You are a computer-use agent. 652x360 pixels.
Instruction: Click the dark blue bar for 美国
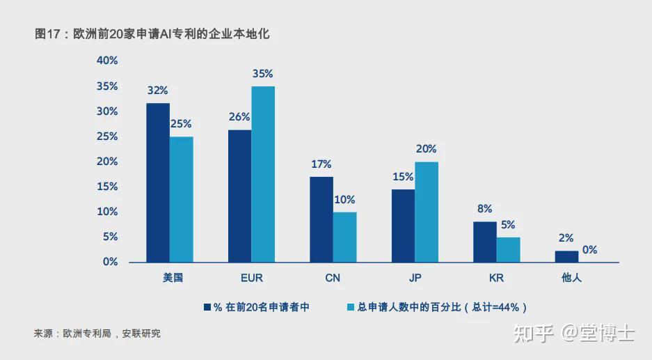(158, 182)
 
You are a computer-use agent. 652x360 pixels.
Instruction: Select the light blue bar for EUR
(263, 174)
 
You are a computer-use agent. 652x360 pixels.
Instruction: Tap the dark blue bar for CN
(321, 219)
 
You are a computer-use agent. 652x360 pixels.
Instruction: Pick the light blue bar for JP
(427, 212)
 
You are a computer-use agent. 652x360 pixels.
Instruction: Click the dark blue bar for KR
(484, 242)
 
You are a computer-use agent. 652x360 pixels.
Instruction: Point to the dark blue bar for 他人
(566, 256)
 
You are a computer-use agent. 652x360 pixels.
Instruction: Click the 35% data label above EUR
(263, 74)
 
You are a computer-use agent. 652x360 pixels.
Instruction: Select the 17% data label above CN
(321, 164)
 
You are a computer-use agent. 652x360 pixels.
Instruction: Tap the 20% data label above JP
(427, 149)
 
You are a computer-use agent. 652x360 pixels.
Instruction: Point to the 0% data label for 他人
(589, 250)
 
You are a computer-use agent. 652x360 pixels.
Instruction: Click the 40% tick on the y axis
(107, 61)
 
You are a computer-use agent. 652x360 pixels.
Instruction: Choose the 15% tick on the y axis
(107, 187)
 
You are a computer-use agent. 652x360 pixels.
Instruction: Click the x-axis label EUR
(251, 278)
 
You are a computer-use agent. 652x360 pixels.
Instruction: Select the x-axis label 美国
(170, 278)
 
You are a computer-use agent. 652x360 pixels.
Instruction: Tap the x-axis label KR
(496, 278)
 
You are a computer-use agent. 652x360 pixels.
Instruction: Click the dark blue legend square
(207, 307)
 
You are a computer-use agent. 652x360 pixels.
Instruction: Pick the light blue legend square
(351, 307)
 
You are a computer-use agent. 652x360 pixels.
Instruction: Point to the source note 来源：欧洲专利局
(97, 334)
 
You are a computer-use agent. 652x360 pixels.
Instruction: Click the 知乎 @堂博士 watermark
(574, 333)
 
